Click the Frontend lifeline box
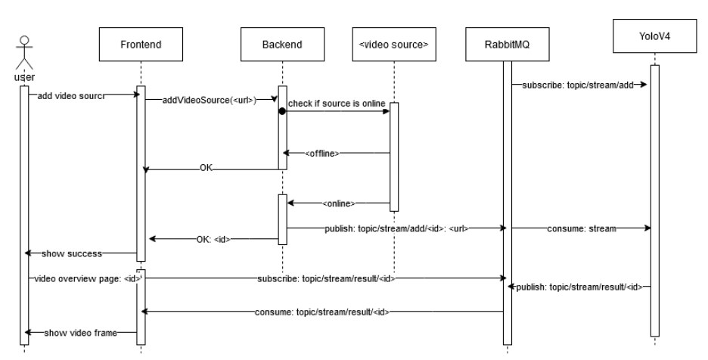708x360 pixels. (140, 45)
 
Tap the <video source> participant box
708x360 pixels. (393, 45)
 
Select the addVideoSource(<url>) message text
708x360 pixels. (210, 101)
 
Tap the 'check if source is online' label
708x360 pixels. (336, 103)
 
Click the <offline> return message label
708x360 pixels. (322, 154)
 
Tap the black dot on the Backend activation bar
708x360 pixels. (282, 111)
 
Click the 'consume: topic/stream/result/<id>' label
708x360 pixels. (323, 311)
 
